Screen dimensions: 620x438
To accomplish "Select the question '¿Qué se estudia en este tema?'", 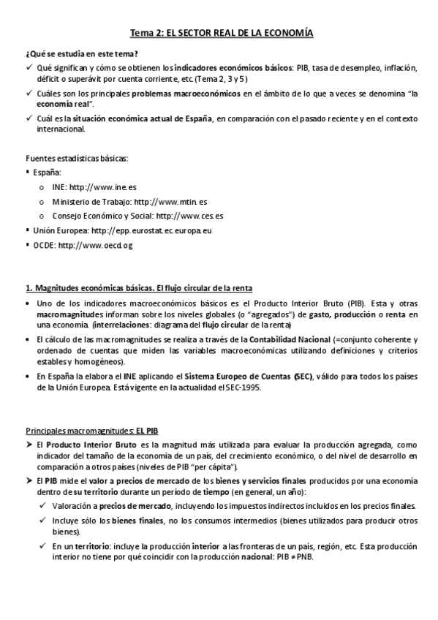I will tap(82, 54).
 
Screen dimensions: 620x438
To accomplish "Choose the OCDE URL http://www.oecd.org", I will tap(96, 245).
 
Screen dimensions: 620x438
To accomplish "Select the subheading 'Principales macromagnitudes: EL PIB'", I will tap(92, 431).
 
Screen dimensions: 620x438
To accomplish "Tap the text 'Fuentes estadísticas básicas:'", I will tap(72, 158).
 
